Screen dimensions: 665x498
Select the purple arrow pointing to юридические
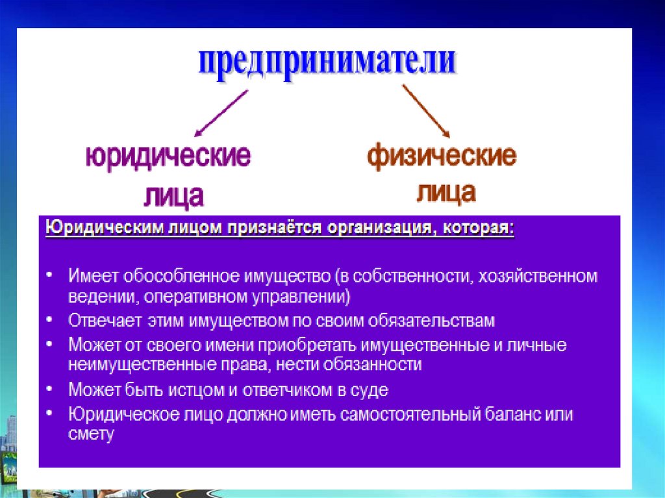coord(221,113)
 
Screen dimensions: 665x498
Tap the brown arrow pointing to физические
coord(426,111)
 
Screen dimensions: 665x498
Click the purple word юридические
coord(168,156)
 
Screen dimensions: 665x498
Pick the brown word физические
coord(442,156)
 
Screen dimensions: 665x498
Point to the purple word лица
coord(174,196)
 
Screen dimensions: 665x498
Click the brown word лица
coord(446,192)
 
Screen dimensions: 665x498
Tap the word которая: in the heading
coord(479,228)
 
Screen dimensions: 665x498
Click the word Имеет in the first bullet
coord(94,276)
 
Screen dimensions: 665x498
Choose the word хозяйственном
coord(538,276)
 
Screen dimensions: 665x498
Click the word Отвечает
coord(105,321)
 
